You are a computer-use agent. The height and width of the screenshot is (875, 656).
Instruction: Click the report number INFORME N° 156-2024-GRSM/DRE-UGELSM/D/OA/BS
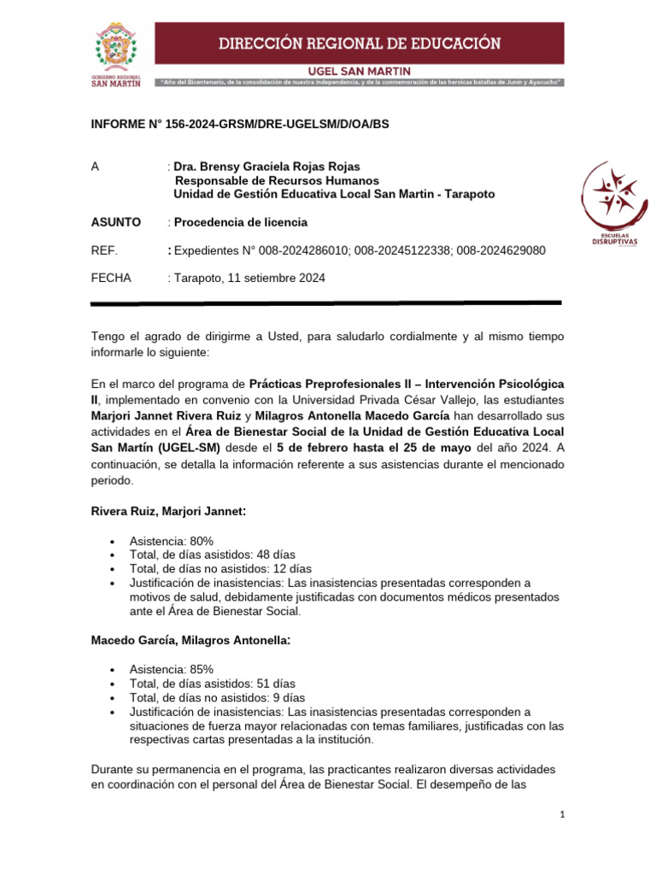pos(239,124)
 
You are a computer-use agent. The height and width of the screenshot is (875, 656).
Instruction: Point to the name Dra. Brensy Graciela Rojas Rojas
pos(266,167)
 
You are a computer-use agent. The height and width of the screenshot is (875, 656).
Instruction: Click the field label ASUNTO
pos(115,222)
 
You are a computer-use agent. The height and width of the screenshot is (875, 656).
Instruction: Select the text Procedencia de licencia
pos(240,222)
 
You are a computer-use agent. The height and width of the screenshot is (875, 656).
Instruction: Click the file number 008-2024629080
pos(501,250)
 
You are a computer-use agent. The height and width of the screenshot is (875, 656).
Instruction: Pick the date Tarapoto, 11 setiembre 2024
pos(249,278)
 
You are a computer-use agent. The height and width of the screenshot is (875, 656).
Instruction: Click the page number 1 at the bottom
pos(562,815)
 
